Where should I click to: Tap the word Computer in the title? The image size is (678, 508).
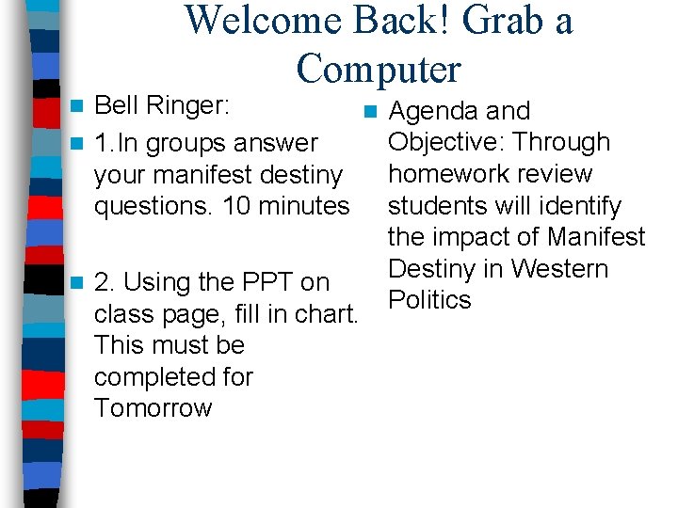click(x=378, y=69)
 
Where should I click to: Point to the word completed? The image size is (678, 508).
click(x=173, y=377)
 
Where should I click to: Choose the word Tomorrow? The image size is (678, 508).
click(x=153, y=408)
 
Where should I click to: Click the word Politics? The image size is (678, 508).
click(x=429, y=300)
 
